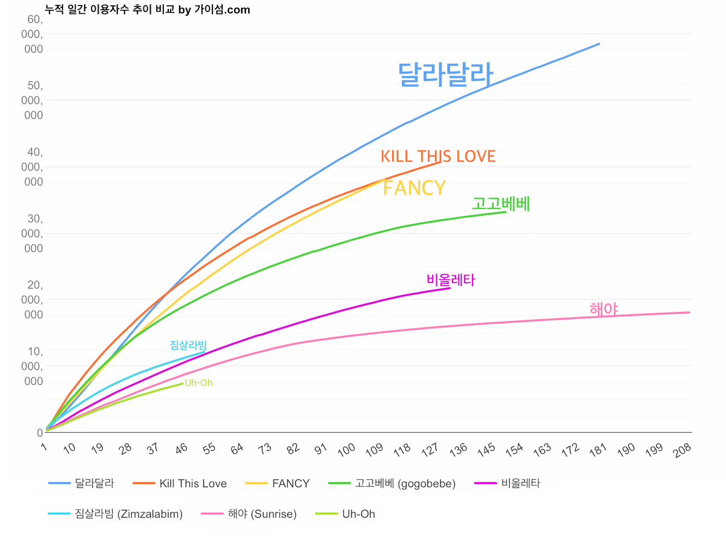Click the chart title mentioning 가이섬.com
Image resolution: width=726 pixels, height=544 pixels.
tap(148, 10)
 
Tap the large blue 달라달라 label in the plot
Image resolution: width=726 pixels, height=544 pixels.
tap(445, 75)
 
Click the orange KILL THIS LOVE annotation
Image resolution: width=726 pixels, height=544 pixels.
tap(438, 157)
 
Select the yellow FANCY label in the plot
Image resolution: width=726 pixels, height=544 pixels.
tap(414, 188)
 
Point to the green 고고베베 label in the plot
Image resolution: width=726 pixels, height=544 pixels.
tap(501, 204)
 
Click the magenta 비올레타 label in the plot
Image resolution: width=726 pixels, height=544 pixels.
tap(451, 280)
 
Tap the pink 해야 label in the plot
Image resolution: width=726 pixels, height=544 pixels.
tap(603, 309)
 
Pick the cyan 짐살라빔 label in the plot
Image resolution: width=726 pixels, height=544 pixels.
tap(188, 345)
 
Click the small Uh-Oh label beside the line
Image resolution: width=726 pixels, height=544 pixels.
tap(198, 383)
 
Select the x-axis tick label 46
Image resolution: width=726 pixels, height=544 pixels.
tap(181, 449)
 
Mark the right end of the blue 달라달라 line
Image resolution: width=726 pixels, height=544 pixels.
tap(599, 44)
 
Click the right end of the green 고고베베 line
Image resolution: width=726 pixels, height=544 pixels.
tap(506, 212)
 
